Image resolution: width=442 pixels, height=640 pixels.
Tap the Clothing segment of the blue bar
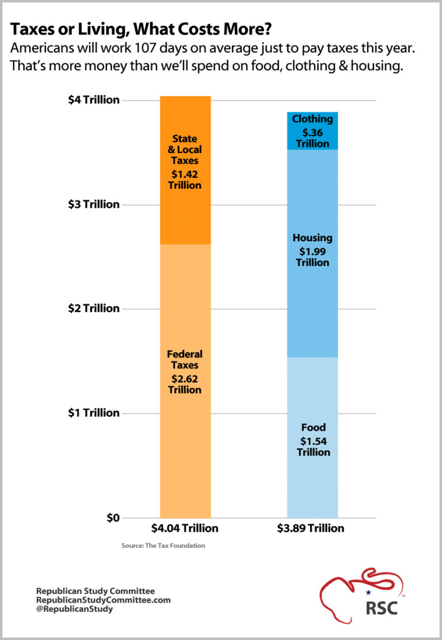(312, 131)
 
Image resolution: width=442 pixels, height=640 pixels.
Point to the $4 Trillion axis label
(94, 100)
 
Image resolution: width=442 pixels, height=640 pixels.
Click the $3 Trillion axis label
(94, 204)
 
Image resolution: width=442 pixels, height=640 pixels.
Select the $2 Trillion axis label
(94, 308)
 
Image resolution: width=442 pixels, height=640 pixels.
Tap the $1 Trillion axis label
(94, 413)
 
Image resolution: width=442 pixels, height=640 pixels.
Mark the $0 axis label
(112, 517)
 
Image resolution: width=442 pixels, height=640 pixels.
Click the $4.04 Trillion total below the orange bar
(185, 528)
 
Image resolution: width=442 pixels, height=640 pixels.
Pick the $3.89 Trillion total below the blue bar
(313, 528)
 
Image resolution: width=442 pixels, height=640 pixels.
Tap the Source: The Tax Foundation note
(163, 546)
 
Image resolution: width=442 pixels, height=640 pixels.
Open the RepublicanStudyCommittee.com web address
(104, 600)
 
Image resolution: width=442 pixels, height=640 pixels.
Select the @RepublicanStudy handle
(75, 609)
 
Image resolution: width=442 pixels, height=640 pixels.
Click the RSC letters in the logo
(382, 608)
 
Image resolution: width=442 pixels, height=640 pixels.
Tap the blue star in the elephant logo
(368, 592)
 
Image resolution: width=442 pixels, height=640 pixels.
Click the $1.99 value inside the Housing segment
(313, 251)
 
